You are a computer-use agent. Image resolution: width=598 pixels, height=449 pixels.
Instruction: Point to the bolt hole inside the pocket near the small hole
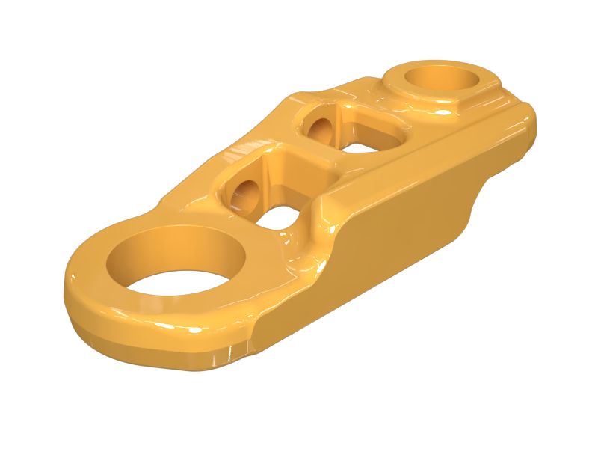321,129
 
